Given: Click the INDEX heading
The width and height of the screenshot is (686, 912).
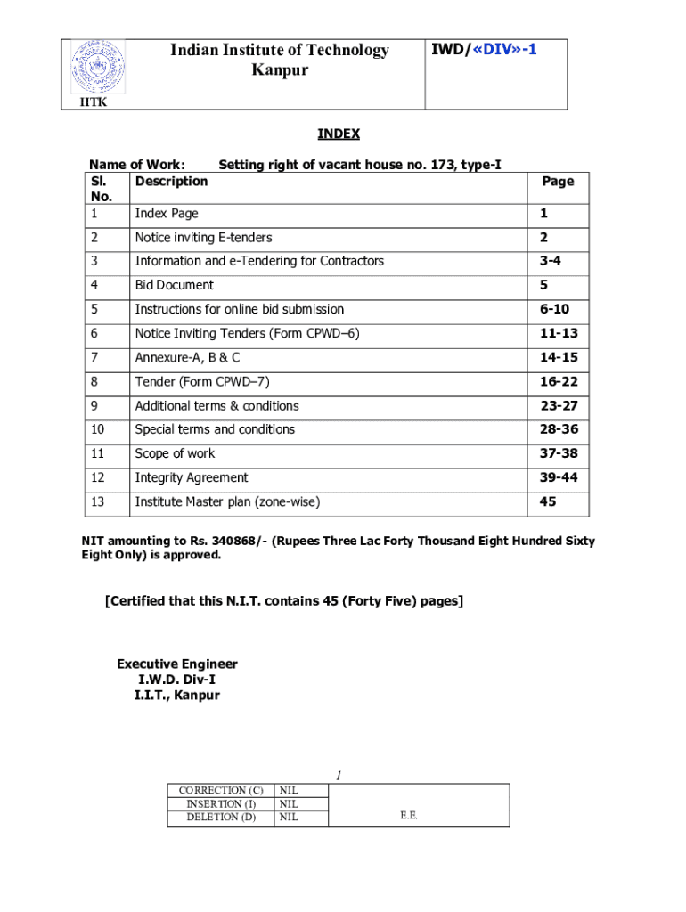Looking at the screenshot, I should (339, 134).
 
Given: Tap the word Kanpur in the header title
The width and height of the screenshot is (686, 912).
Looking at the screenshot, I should (280, 69).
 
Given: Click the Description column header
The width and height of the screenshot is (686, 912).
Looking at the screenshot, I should (171, 181).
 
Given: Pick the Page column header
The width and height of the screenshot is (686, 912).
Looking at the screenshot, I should (558, 181).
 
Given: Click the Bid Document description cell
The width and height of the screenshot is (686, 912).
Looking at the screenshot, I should (174, 285).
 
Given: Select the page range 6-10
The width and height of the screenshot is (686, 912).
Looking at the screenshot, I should (553, 309).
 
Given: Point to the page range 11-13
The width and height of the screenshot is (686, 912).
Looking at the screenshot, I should (558, 333).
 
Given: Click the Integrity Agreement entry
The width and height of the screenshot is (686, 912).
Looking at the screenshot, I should (191, 477).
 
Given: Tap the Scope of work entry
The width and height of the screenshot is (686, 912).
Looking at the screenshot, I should (175, 453).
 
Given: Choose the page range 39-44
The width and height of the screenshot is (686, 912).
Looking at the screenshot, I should (558, 477).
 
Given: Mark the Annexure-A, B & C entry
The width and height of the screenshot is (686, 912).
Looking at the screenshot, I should (187, 357).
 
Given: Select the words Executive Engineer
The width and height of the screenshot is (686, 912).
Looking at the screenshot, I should (177, 664).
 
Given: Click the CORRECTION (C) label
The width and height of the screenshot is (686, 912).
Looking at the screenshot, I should (221, 790).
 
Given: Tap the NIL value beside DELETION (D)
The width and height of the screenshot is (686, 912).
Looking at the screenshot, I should (289, 817).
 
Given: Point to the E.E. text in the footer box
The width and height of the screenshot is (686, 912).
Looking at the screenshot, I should (409, 815).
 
